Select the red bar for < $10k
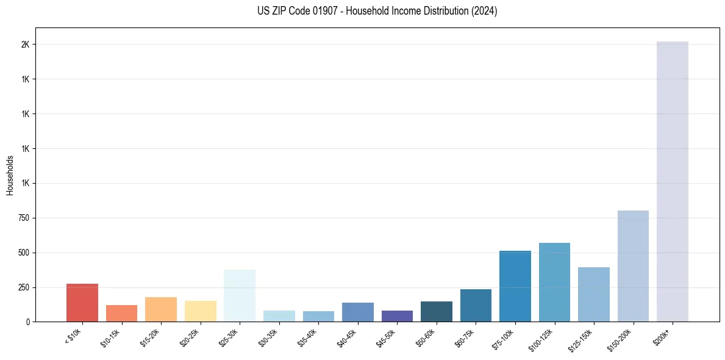point(82,303)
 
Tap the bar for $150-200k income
point(633,266)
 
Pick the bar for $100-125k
point(554,283)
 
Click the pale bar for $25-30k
point(240,296)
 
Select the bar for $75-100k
point(515,286)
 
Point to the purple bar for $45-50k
point(397,316)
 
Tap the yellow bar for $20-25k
point(200,311)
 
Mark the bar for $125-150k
point(593,295)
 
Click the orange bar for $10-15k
point(121,314)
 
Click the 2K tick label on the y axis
point(25,45)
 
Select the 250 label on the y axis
point(23,287)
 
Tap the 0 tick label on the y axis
point(27,322)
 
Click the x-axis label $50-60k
point(425,336)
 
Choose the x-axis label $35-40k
point(307,336)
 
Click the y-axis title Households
point(10,175)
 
